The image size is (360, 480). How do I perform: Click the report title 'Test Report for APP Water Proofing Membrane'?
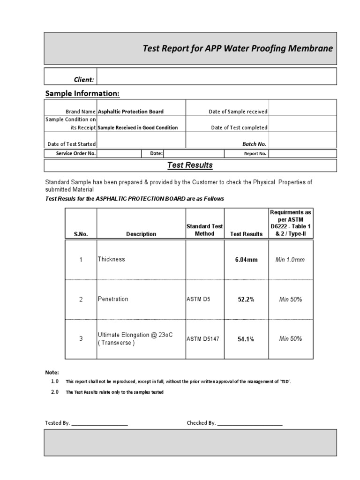238,49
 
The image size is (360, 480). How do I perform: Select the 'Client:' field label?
84,80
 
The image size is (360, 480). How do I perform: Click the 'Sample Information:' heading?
82,94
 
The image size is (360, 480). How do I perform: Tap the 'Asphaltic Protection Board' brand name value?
130,112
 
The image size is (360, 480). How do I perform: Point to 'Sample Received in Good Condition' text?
137,127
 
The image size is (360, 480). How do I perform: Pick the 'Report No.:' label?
255,154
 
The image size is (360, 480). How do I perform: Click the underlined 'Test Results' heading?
190,165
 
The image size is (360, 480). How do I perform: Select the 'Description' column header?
141,234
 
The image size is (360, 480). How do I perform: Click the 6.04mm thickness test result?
246,260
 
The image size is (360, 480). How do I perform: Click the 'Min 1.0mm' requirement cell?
290,260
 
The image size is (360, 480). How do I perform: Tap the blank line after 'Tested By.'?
99,423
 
